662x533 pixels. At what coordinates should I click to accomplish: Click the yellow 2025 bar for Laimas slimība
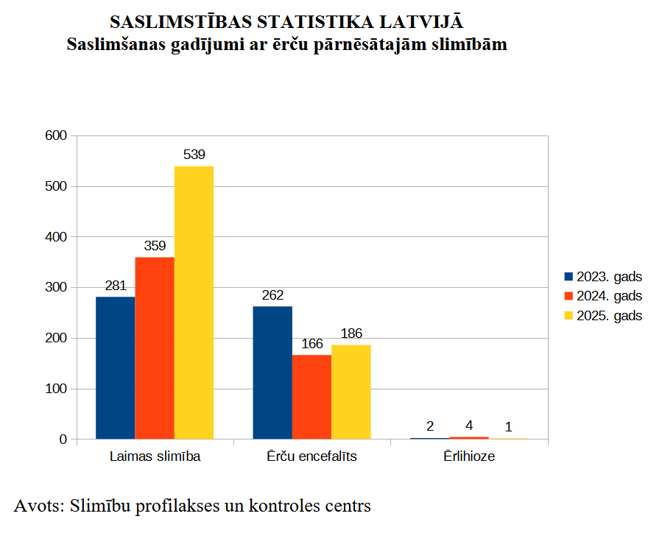(x=194, y=302)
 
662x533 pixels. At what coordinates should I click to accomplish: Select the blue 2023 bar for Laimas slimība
(x=115, y=367)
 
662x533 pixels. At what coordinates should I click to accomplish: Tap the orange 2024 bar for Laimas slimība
(x=155, y=347)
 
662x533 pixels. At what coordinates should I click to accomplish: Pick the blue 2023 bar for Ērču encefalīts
(x=272, y=373)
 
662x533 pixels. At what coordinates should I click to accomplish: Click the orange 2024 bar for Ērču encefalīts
(x=311, y=397)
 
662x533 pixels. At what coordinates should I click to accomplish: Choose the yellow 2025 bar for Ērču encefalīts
(x=351, y=392)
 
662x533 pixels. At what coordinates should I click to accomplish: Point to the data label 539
(x=194, y=155)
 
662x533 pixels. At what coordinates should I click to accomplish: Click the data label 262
(x=272, y=294)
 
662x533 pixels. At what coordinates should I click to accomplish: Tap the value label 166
(x=311, y=343)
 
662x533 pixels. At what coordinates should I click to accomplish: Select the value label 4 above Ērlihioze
(x=469, y=426)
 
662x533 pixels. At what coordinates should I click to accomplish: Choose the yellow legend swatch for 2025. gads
(x=568, y=316)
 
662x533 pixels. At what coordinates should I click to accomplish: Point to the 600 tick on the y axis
(x=57, y=135)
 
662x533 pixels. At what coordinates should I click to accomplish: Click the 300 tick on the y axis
(x=57, y=287)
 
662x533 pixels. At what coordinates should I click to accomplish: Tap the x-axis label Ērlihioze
(x=469, y=456)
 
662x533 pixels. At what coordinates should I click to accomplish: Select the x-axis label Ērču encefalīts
(x=311, y=456)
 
